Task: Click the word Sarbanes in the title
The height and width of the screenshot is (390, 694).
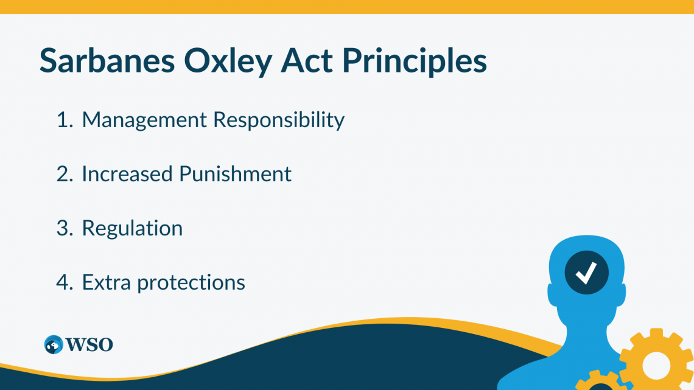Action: coord(107,60)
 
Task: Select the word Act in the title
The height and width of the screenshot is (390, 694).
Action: coord(307,60)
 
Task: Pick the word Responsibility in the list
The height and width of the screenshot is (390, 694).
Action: coord(279,120)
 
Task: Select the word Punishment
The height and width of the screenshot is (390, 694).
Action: coord(235,174)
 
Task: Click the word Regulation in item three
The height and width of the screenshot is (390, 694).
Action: coord(132,229)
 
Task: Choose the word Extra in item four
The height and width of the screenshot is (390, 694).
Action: coord(106,282)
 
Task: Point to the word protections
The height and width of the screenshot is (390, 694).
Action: coord(191,283)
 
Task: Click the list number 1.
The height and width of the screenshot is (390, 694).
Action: coord(64,120)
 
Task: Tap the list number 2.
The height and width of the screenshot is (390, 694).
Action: coord(64,174)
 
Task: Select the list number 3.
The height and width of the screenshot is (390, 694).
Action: coord(64,228)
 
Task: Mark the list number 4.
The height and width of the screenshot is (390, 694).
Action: coord(64,282)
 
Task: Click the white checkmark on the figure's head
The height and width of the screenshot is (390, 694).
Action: coord(586,273)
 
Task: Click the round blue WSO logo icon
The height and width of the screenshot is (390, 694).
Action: coord(54,344)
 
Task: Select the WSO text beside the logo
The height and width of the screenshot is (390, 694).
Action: coord(89,344)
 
